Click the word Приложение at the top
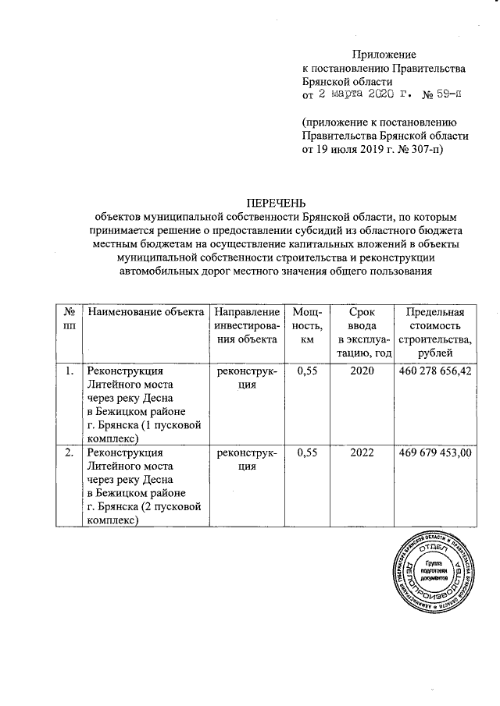pos(384,55)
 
